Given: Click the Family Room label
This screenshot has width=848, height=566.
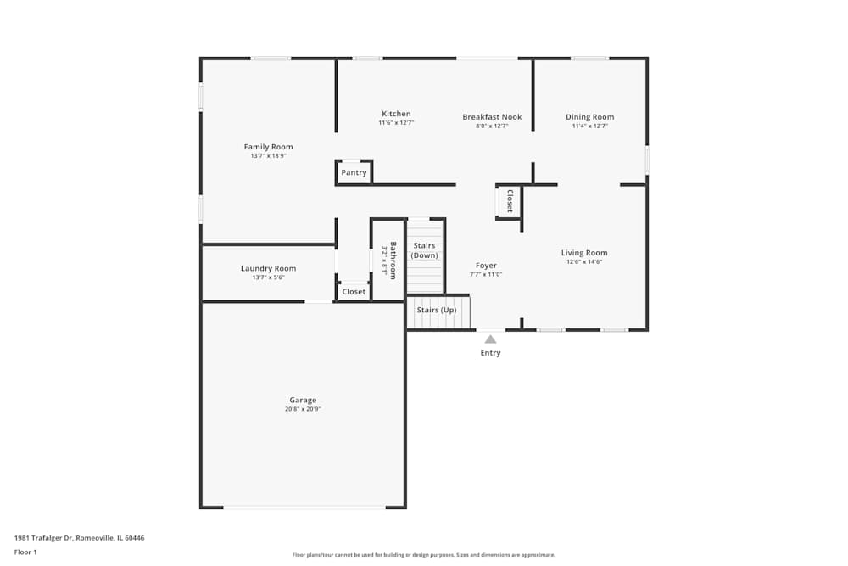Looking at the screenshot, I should click(x=268, y=147).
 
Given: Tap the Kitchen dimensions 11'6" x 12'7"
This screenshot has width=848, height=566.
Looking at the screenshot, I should click(x=396, y=124).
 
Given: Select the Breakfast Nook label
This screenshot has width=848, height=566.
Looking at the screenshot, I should click(x=492, y=117).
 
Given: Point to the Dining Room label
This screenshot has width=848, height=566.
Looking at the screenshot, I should click(x=589, y=117).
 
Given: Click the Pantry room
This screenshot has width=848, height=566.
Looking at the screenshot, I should click(x=354, y=172).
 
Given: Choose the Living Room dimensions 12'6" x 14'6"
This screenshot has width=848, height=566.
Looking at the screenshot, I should click(x=584, y=262).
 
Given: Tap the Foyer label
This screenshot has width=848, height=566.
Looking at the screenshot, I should click(x=486, y=266).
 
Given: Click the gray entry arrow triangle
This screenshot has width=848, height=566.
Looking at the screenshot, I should click(x=490, y=339).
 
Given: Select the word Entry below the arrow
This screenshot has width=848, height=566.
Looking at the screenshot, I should click(x=490, y=353).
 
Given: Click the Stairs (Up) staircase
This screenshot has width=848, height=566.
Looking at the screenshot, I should click(x=437, y=311).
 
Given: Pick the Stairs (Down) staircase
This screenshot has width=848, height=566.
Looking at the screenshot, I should click(x=425, y=255).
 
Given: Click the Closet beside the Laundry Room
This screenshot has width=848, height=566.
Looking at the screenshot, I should click(x=354, y=292).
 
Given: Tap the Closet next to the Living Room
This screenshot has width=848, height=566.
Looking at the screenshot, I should click(x=510, y=201).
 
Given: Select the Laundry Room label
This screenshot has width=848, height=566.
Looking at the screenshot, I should click(x=268, y=268).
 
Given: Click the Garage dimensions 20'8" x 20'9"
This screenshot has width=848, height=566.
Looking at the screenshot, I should click(x=303, y=410).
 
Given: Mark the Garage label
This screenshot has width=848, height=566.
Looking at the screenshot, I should click(x=303, y=400).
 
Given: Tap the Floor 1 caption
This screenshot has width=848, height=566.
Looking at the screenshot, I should click(x=25, y=552).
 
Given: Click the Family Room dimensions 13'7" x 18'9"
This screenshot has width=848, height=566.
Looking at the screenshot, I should click(x=268, y=156).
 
